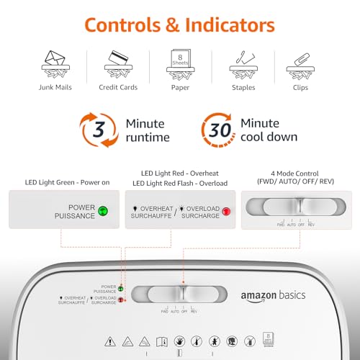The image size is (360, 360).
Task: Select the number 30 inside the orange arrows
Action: click(219, 130)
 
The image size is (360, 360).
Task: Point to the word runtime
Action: click(148, 138)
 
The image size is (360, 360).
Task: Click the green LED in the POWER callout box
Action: click(103, 211)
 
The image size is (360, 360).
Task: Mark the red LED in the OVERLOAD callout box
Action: click(226, 211)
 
